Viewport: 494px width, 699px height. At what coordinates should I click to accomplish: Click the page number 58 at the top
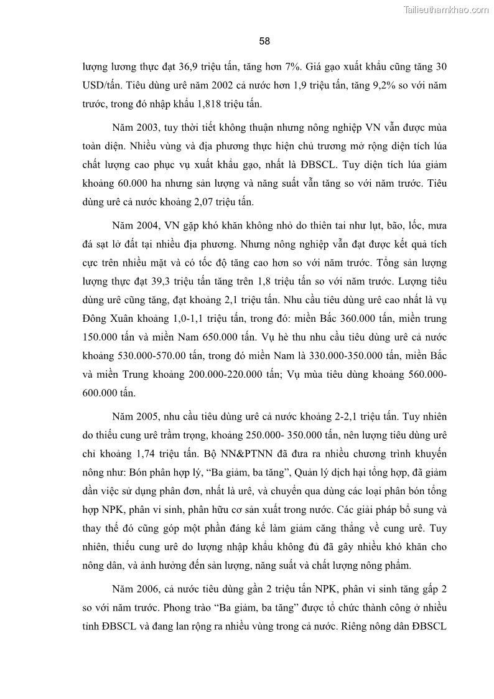(264, 41)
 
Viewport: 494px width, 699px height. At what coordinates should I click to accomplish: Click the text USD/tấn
(101, 85)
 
